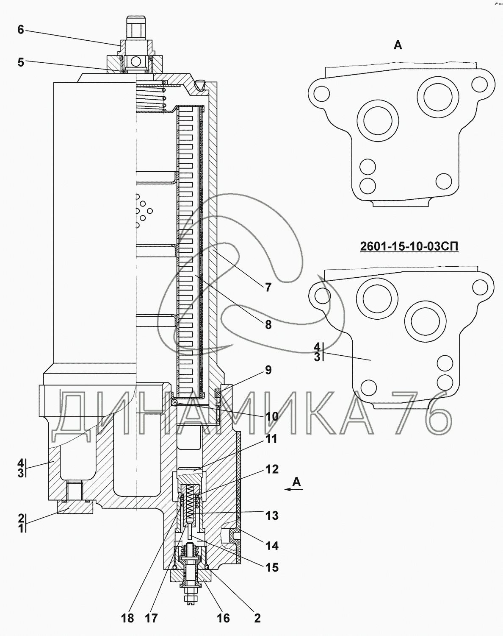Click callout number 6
pos(21,30)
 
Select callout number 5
pos(21,62)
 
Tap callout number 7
pos(268,287)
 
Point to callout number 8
pos(268,325)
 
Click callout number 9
pos(268,370)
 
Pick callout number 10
pos(271,417)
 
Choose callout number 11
pos(271,447)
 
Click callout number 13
pos(272,516)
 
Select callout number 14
pos(272,546)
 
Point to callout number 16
pos(223,618)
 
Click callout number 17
pos(151,618)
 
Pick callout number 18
pos(127,618)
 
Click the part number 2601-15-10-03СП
pos(409,246)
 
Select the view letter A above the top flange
pos(398,45)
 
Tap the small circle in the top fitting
pos(136,62)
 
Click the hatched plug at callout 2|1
pos(75,508)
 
